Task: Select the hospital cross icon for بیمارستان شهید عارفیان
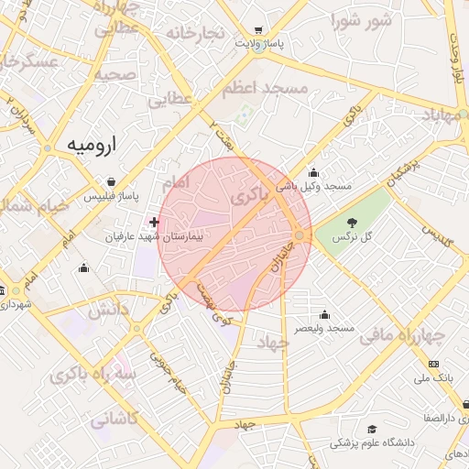154,222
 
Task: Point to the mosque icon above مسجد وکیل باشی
314,172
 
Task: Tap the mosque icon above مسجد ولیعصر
324,314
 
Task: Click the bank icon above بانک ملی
433,364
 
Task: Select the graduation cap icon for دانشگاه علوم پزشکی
372,429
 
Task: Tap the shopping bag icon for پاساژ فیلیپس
111,181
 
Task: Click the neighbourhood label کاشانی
114,420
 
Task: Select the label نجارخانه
194,33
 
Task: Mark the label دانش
109,310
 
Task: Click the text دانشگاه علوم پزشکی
372,443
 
